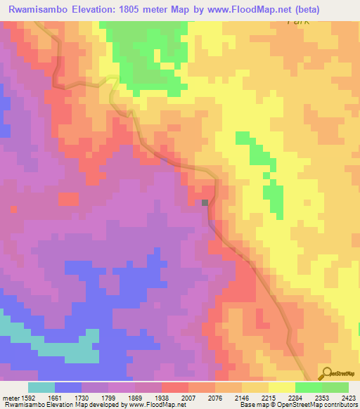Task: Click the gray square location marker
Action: [x=205, y=203]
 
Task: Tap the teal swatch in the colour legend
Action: [x=41, y=387]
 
